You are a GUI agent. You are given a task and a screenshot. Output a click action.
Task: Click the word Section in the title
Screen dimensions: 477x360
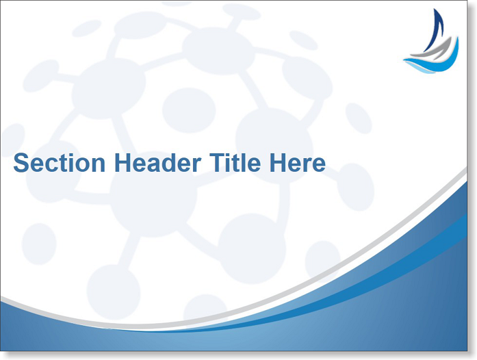[60, 162]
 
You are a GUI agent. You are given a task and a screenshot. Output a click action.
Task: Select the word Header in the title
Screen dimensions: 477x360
[157, 162]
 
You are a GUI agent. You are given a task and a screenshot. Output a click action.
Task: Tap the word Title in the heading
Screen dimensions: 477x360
[235, 162]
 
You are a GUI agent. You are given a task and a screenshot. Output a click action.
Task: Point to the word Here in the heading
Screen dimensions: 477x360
[298, 162]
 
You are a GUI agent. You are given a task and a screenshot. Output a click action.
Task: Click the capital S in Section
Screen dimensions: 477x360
[21, 162]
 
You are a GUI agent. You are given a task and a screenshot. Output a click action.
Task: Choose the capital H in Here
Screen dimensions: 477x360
[277, 162]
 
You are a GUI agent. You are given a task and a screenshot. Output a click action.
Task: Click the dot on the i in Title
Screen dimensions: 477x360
[228, 155]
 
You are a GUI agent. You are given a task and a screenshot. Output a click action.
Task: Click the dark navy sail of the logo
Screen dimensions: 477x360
[435, 30]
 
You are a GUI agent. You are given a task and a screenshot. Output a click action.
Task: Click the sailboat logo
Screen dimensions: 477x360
[431, 41]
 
